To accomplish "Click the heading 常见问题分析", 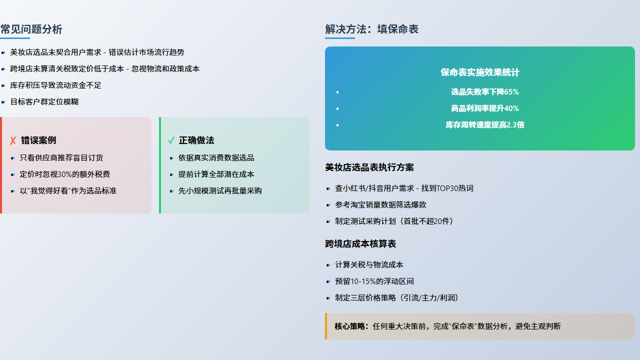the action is pyautogui.click(x=31, y=29).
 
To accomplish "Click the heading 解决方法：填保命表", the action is pyautogui.click(x=371, y=29).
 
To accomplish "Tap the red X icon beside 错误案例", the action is pyautogui.click(x=13, y=140).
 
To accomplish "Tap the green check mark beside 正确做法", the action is pyautogui.click(x=171, y=140).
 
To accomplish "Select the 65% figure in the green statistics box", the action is pyautogui.click(x=511, y=92).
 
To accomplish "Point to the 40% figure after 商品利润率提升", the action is pyautogui.click(x=511, y=108).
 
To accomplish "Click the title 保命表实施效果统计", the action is pyautogui.click(x=480, y=72).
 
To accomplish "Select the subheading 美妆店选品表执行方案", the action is pyautogui.click(x=369, y=167).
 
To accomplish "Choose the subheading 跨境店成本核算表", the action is pyautogui.click(x=360, y=244).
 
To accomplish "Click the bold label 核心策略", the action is pyautogui.click(x=349, y=326).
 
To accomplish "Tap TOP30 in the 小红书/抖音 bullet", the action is pyautogui.click(x=447, y=188).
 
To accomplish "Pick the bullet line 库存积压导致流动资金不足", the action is pyautogui.click(x=55, y=85).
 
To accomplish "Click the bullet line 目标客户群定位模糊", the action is pyautogui.click(x=44, y=102).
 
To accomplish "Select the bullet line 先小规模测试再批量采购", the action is pyautogui.click(x=220, y=191).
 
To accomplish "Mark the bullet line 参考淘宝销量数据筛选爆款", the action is pyautogui.click(x=380, y=205).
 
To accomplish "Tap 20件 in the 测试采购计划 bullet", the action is pyautogui.click(x=441, y=221).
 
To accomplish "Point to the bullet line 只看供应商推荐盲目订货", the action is pyautogui.click(x=61, y=157).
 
